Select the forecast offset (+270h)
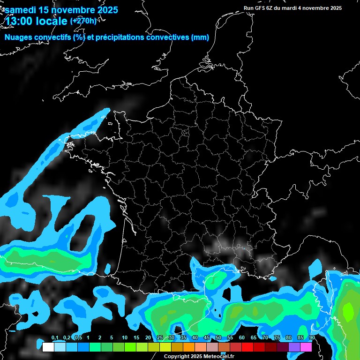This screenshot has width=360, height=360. (83, 21)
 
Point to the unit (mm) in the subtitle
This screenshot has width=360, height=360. (200, 37)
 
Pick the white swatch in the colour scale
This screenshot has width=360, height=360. (48, 347)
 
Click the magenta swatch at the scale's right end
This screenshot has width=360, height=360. (306, 347)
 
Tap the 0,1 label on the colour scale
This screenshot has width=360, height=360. (54, 338)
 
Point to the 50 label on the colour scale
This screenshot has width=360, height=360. (218, 338)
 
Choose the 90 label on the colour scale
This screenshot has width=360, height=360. (312, 338)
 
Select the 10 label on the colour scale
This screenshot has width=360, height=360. (125, 338)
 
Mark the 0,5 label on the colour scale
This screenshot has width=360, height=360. (78, 338)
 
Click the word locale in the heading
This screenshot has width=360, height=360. (51, 21)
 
